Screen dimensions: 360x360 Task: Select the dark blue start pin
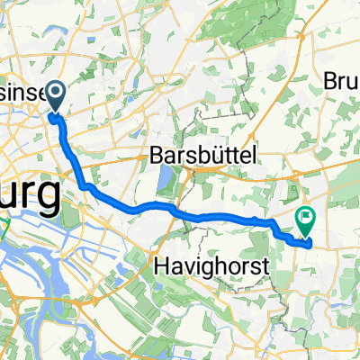(x=55, y=95)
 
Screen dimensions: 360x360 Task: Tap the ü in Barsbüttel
(x=215, y=156)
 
